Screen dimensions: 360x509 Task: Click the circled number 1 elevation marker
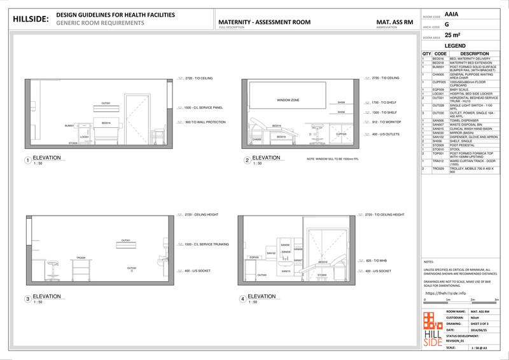click(x=27, y=160)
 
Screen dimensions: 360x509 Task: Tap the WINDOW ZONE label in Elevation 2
click(x=288, y=100)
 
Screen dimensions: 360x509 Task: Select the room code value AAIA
click(x=451, y=13)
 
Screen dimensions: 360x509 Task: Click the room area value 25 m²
click(x=452, y=36)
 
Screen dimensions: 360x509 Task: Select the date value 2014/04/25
click(x=480, y=330)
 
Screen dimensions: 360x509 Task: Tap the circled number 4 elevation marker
click(x=242, y=299)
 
